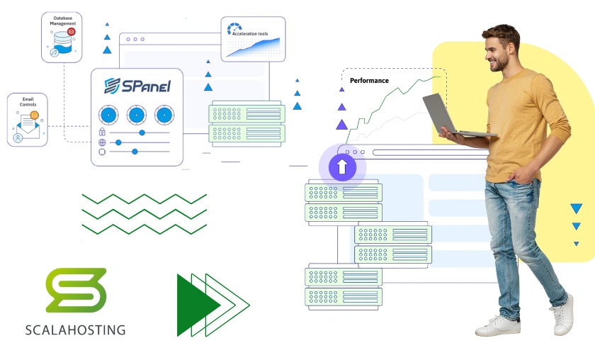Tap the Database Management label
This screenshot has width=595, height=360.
[62, 21]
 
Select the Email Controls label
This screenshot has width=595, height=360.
[28, 102]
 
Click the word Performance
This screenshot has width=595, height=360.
[369, 81]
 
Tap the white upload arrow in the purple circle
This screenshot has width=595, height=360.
[342, 167]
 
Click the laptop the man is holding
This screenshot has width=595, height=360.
[447, 114]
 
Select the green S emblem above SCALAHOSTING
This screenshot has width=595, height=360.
[76, 290]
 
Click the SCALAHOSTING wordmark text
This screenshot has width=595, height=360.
[75, 330]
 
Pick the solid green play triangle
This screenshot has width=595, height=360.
[195, 305]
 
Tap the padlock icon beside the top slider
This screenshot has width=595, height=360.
[102, 133]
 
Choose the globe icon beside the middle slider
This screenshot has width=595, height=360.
[102, 142]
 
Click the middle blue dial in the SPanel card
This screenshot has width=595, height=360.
[137, 114]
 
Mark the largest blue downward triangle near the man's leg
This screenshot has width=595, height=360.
[576, 208]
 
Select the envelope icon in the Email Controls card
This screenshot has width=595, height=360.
[28, 125]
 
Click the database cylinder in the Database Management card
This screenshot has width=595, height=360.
[61, 45]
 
